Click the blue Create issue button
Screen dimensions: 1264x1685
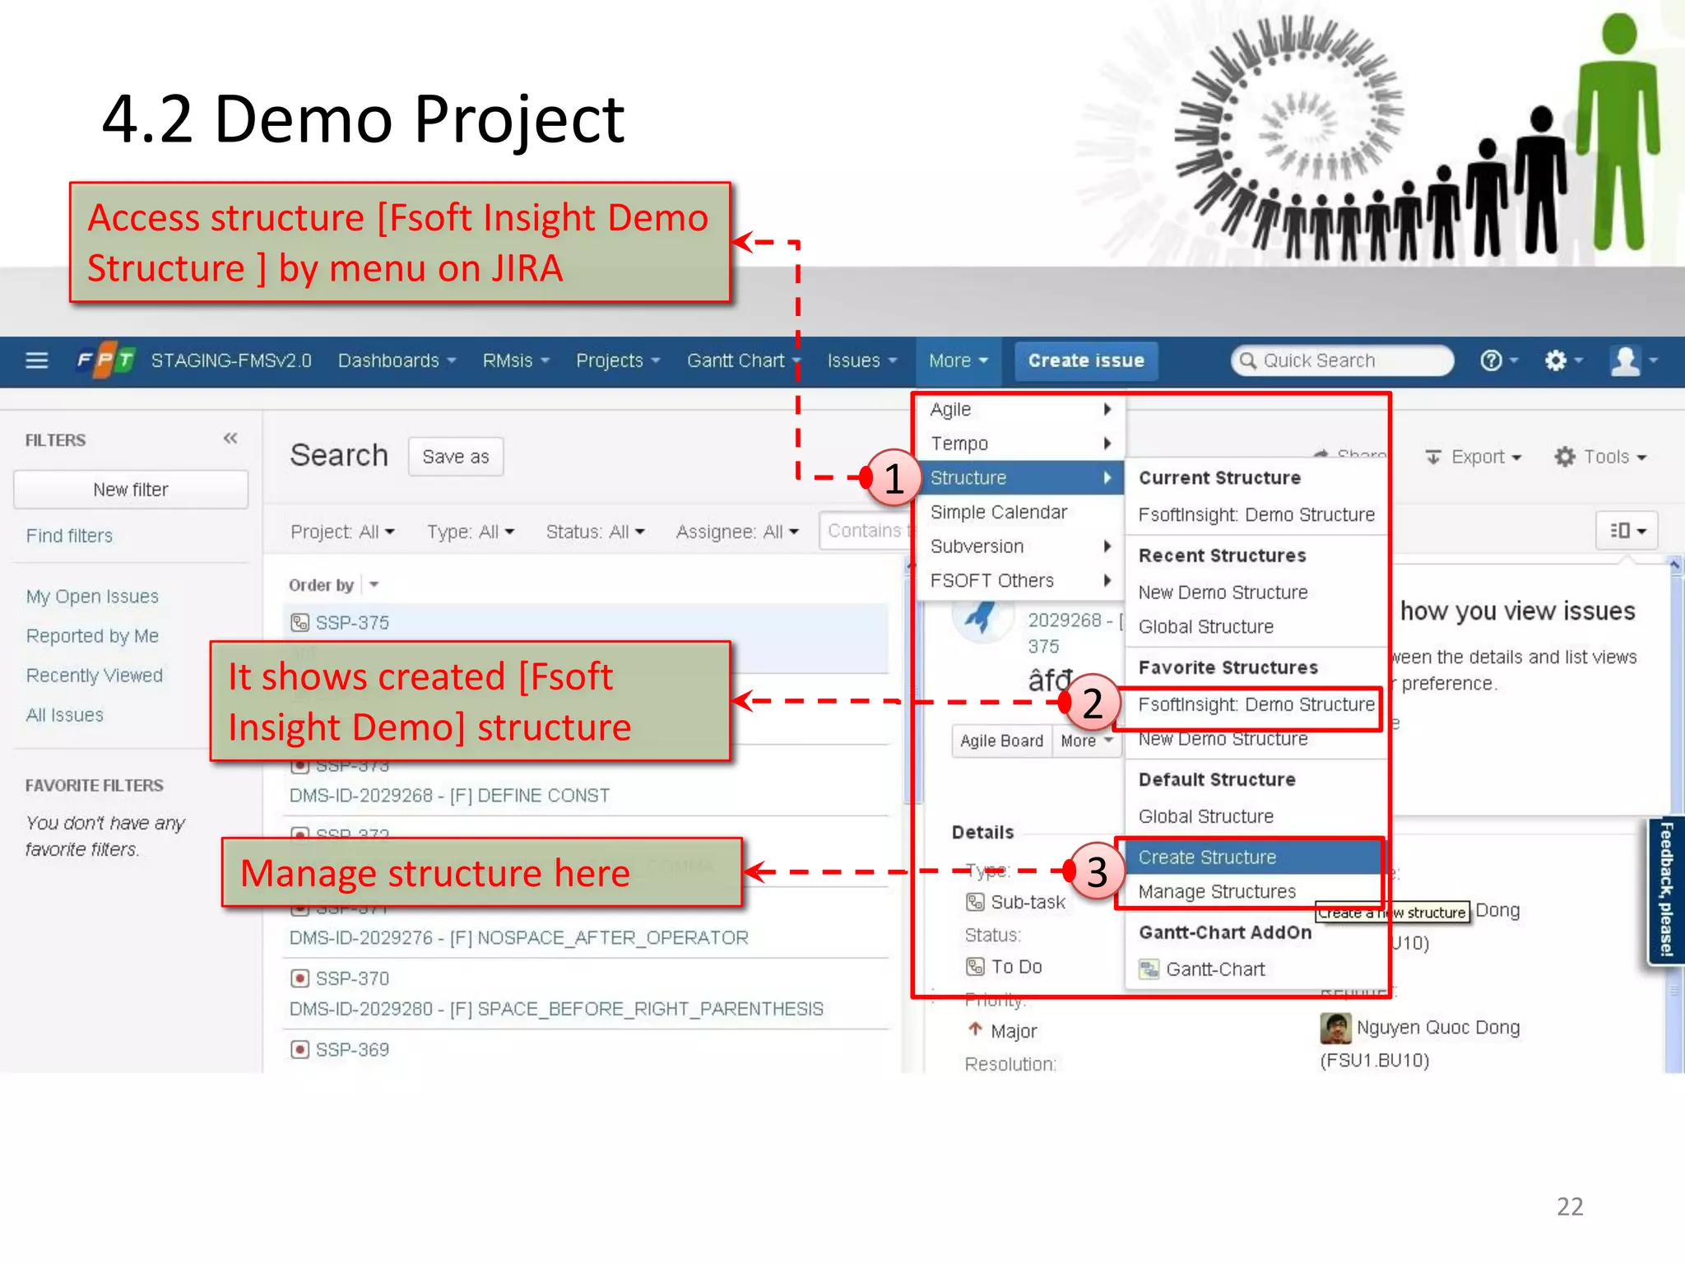(x=1085, y=361)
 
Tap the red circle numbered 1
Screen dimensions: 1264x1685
(x=894, y=478)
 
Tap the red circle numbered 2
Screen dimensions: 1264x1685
(x=1092, y=703)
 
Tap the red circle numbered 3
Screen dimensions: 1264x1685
(x=1097, y=871)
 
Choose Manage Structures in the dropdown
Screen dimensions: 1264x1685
(x=1217, y=892)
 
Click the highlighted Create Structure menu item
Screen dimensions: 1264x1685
(x=1207, y=857)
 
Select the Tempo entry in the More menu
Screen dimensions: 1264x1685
(x=959, y=444)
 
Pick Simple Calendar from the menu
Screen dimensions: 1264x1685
(x=998, y=512)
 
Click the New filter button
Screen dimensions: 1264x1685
(x=131, y=490)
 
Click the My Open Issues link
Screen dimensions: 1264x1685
(x=92, y=597)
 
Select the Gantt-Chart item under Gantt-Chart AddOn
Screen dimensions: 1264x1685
(x=1214, y=969)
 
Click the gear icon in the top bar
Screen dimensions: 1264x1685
(x=1555, y=360)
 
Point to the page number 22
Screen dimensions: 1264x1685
(x=1570, y=1206)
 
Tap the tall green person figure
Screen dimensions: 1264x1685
(x=1618, y=132)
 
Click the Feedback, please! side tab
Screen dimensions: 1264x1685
(x=1666, y=889)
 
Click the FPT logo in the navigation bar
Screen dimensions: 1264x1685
(x=105, y=360)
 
